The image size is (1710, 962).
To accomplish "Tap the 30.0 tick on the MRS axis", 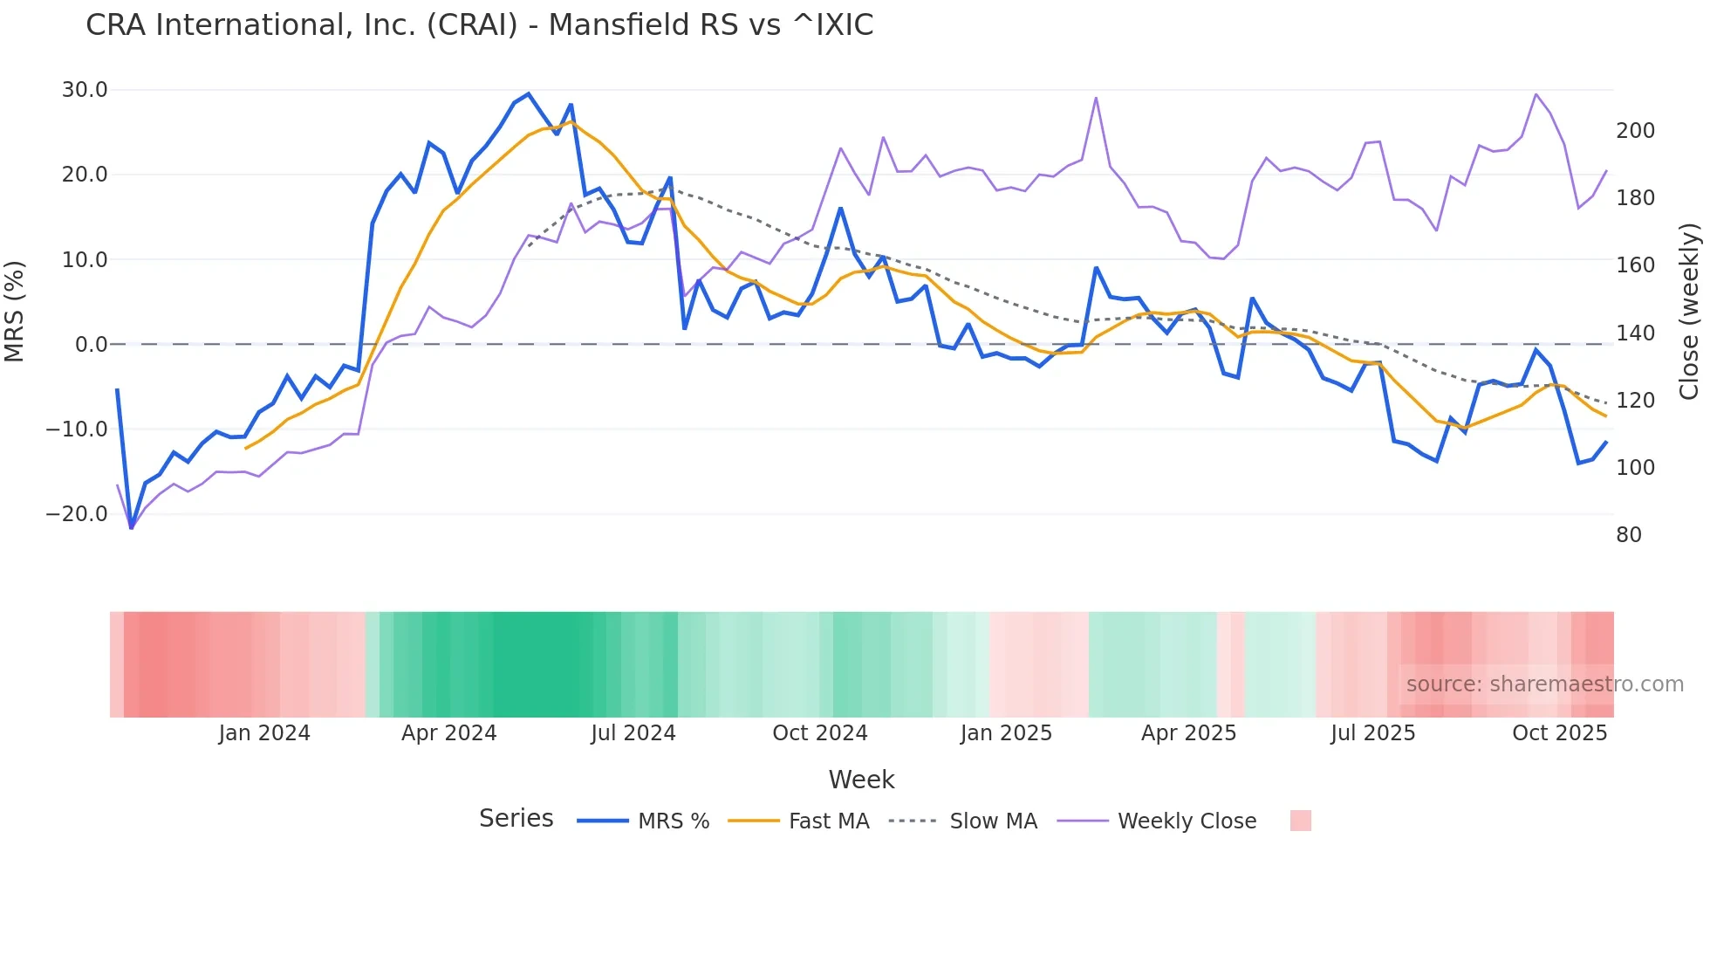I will tap(85, 90).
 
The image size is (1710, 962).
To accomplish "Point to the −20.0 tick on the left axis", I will tap(77, 514).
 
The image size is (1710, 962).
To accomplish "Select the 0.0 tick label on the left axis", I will tap(91, 345).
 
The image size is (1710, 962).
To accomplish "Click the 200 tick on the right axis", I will tap(1635, 131).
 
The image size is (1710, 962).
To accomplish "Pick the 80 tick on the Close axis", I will tap(1629, 535).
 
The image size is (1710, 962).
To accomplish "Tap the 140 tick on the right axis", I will tap(1635, 333).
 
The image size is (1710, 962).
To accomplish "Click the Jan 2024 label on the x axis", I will tap(264, 733).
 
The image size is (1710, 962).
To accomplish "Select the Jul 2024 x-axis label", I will tap(633, 733).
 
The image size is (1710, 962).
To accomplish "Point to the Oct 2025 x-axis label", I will tap(1559, 733).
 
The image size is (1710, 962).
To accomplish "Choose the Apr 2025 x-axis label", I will tap(1188, 733).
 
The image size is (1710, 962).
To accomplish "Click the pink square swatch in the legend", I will tap(1300, 821).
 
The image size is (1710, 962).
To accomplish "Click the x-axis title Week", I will tap(861, 780).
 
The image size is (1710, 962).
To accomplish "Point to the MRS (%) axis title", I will tap(15, 311).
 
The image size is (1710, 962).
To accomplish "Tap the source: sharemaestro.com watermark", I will tap(1544, 684).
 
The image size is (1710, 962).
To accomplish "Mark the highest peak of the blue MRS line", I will tap(528, 93).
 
